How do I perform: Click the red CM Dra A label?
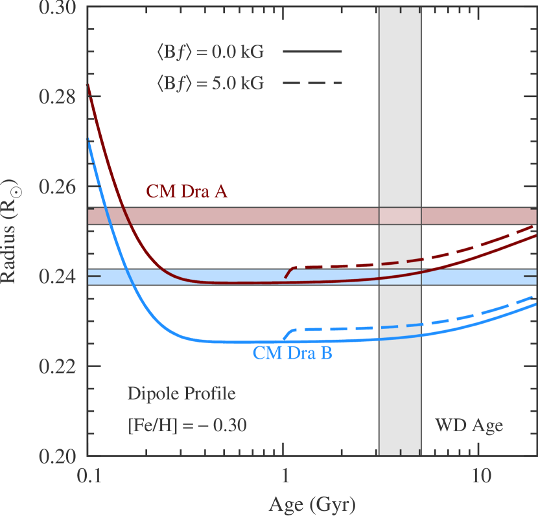(x=186, y=191)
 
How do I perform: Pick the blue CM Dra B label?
(x=292, y=353)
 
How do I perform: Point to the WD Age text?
(x=469, y=426)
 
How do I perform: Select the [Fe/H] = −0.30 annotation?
(x=187, y=426)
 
